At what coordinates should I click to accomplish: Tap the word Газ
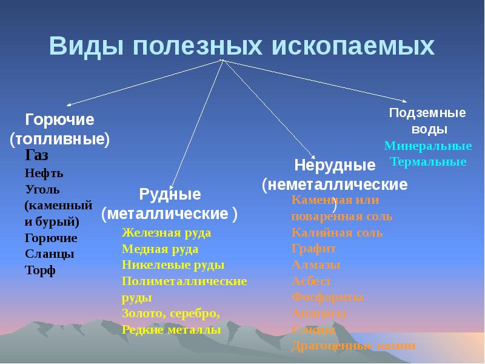(37, 156)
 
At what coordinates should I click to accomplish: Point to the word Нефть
(44, 173)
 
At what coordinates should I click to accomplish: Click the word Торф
(40, 271)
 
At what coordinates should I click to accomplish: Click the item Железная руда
(166, 232)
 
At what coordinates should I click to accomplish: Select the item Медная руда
(160, 249)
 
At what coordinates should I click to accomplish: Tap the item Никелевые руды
(173, 265)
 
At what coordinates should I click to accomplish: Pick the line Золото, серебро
(172, 314)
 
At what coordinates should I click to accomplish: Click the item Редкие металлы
(171, 330)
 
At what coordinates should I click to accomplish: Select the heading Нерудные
(335, 165)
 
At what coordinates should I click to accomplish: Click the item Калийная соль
(336, 232)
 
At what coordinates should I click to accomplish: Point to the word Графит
(313, 249)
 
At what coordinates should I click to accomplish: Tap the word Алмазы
(316, 265)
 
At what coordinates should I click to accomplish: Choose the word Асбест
(311, 281)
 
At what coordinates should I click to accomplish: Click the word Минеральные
(428, 146)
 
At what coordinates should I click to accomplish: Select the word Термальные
(428, 162)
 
